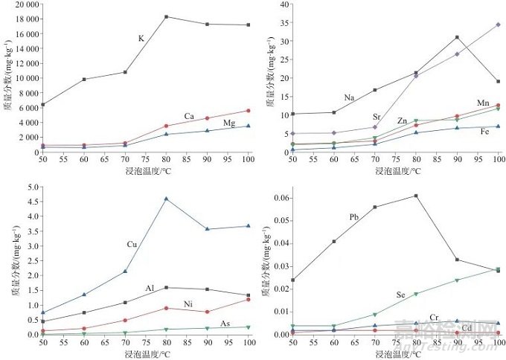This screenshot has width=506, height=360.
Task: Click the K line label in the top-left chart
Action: tap(141, 39)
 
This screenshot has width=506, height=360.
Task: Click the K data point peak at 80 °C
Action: tap(166, 16)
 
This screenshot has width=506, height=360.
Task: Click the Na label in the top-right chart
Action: tap(349, 97)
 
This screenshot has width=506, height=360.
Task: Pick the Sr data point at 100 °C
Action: tap(497, 25)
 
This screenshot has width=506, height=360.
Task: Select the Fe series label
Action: tap(484, 131)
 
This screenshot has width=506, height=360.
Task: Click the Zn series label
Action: tap(402, 120)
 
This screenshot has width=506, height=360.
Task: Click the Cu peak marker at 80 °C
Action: tap(166, 199)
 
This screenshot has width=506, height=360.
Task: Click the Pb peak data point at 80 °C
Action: tap(415, 196)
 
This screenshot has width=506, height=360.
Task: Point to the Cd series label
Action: tap(467, 328)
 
